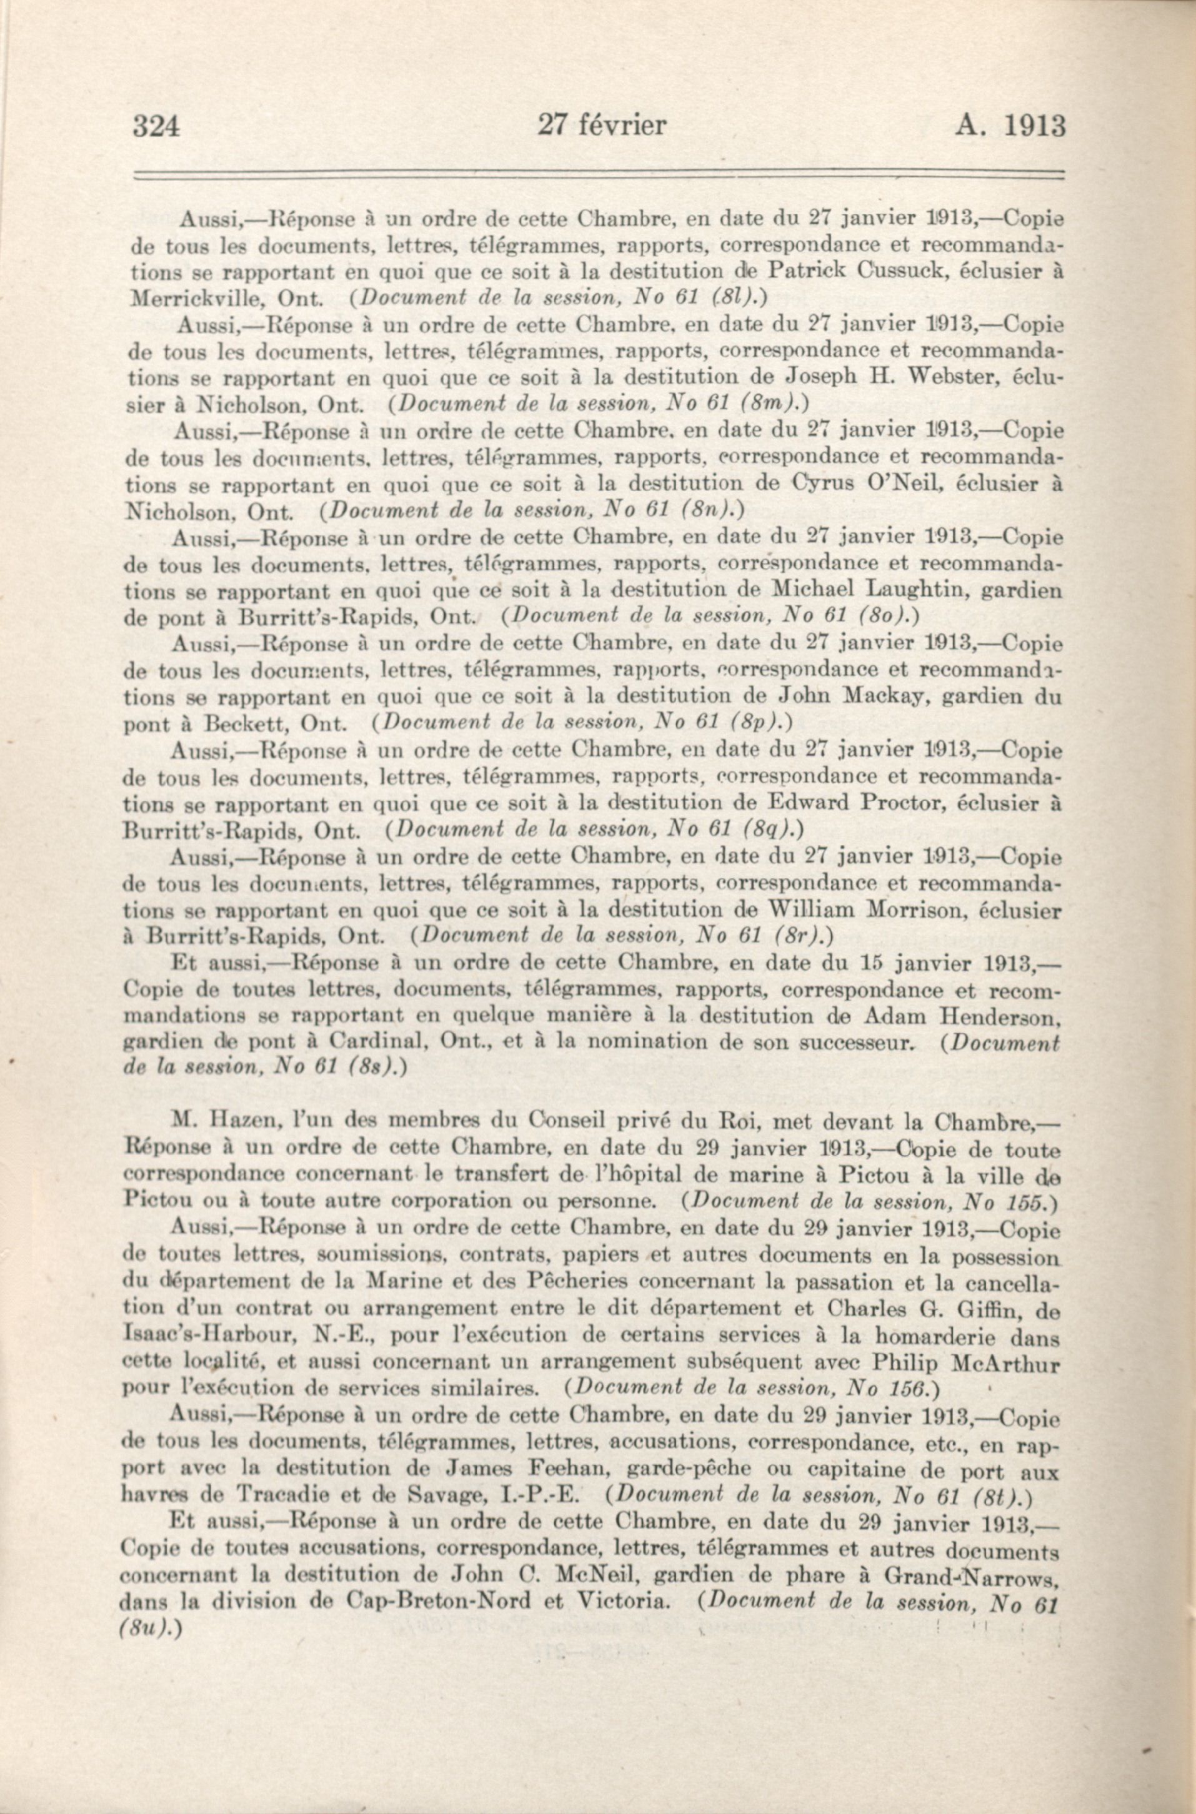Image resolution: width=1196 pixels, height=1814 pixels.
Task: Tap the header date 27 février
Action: pyautogui.click(x=601, y=124)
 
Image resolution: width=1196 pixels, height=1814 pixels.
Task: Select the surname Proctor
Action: pyautogui.click(x=902, y=803)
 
